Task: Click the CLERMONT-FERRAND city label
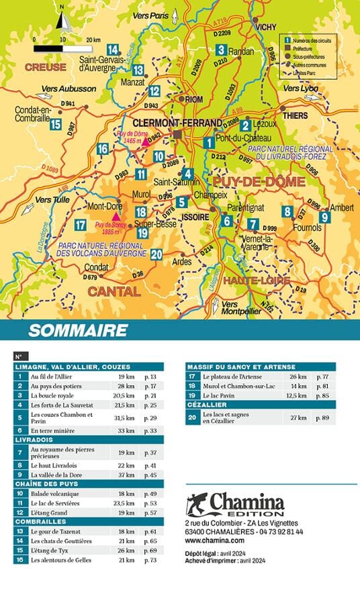(x=177, y=123)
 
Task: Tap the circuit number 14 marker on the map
(x=113, y=48)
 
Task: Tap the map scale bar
(x=62, y=48)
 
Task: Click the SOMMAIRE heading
(x=78, y=330)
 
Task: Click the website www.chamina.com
(x=214, y=539)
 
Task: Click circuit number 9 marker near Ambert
(x=324, y=217)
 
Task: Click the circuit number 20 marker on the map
(x=156, y=254)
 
